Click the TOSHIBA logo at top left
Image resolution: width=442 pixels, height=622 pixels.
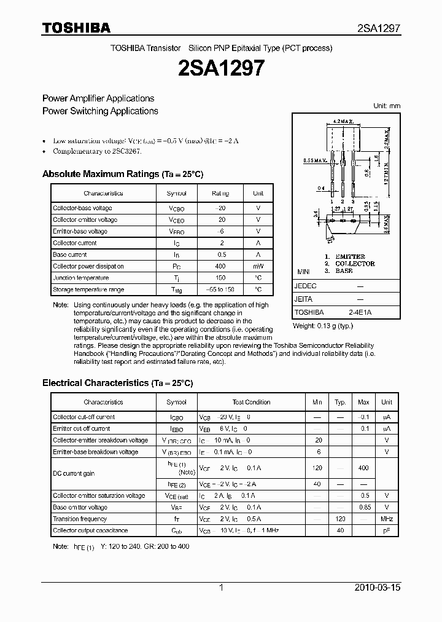tap(76, 28)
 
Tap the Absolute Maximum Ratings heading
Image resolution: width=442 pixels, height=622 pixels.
tap(122, 175)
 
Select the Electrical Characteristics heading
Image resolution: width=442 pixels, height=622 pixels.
tap(117, 383)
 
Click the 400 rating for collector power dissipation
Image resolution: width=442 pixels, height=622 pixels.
tap(220, 266)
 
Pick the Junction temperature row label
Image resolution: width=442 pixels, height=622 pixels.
tap(80, 278)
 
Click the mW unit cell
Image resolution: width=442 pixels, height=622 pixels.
tap(258, 266)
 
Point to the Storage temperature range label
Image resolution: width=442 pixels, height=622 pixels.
tap(88, 289)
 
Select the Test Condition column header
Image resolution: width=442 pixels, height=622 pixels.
tap(251, 402)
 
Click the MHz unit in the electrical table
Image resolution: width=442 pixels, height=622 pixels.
tap(386, 519)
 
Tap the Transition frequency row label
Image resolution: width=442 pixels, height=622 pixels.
tap(80, 519)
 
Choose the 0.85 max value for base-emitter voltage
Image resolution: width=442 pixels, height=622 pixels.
tap(363, 507)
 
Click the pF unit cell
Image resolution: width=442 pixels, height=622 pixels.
tap(386, 530)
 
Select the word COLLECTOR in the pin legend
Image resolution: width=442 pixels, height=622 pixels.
tap(354, 264)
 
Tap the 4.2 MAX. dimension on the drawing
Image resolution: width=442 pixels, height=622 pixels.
tap(343, 122)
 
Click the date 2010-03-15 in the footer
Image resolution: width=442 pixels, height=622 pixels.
tap(378, 588)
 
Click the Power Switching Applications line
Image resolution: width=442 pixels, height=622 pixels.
tap(100, 111)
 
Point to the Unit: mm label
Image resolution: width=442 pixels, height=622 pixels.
tap(387, 106)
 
